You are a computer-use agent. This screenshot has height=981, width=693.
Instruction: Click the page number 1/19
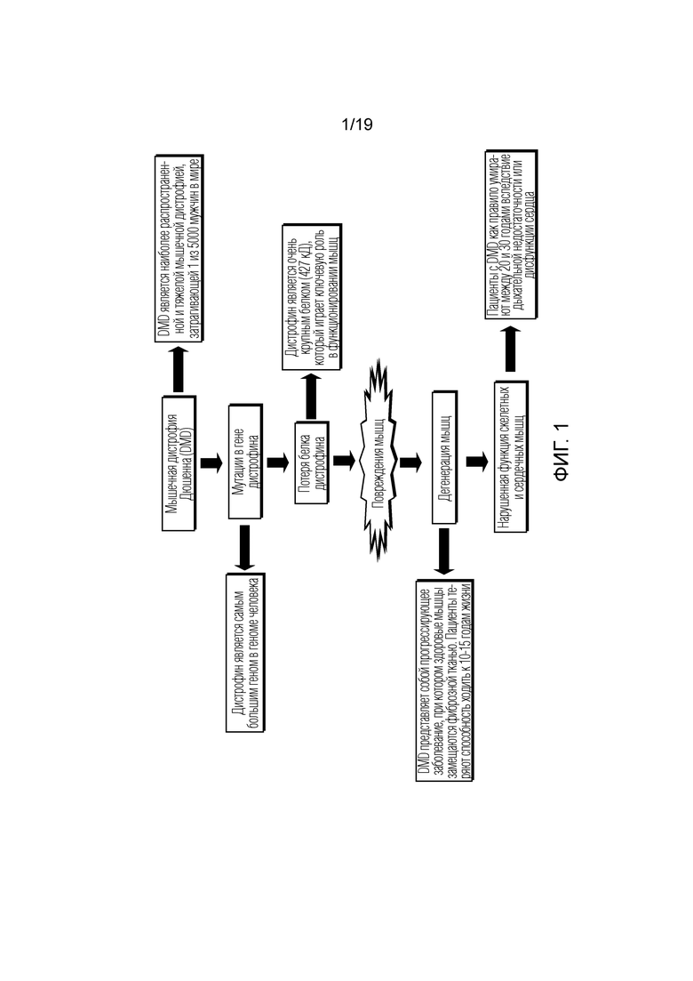(357, 125)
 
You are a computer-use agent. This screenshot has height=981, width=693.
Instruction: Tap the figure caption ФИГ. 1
(562, 452)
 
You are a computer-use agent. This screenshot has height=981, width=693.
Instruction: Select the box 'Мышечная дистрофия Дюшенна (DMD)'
(179, 463)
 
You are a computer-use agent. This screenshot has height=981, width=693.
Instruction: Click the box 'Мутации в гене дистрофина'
(245, 461)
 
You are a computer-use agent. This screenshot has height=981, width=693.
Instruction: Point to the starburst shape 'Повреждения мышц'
(378, 460)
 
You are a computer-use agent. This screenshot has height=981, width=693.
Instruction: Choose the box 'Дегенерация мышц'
(445, 457)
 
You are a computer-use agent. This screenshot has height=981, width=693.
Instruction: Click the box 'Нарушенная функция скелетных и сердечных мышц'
(511, 457)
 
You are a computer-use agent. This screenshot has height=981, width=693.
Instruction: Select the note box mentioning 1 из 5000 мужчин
(179, 248)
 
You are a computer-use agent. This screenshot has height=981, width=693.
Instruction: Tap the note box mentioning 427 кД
(312, 296)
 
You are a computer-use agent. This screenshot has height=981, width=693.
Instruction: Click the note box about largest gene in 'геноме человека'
(245, 653)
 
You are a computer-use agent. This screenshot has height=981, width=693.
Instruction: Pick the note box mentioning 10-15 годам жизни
(444, 680)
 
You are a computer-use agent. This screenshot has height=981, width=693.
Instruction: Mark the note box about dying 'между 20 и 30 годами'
(511, 235)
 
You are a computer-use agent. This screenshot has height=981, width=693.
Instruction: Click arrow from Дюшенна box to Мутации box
(211, 463)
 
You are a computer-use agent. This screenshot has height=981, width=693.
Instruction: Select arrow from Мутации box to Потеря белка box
(278, 462)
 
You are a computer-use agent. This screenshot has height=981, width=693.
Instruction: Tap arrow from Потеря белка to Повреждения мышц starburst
(345, 461)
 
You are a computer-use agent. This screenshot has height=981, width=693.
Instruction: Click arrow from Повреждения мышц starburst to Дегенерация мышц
(410, 462)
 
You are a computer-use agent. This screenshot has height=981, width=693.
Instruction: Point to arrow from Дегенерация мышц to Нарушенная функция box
(477, 462)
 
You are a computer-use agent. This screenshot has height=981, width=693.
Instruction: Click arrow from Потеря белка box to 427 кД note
(311, 396)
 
